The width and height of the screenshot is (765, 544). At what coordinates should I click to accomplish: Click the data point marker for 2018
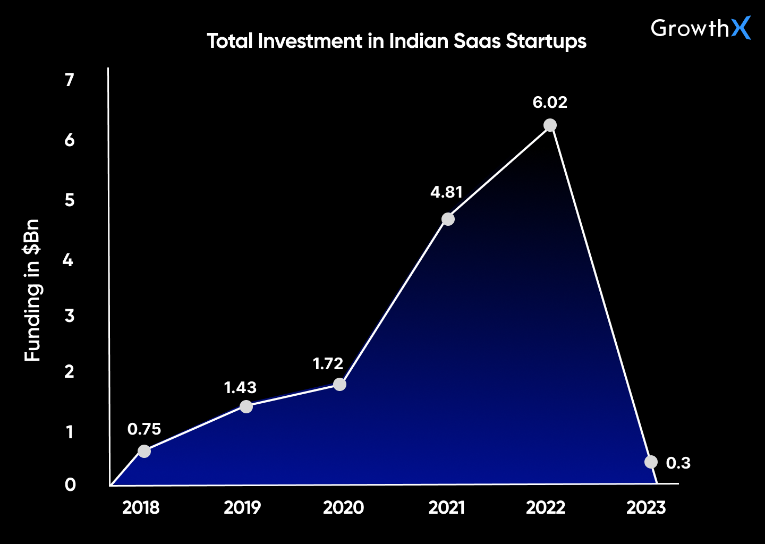pyautogui.click(x=144, y=451)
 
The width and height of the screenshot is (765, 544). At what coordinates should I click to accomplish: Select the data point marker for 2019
pyautogui.click(x=246, y=407)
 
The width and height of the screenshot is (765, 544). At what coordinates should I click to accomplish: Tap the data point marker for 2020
pyautogui.click(x=339, y=384)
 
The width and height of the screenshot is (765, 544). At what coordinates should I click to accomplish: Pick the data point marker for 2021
pyautogui.click(x=448, y=219)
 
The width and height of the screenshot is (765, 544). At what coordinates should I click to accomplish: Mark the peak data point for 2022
pyautogui.click(x=550, y=125)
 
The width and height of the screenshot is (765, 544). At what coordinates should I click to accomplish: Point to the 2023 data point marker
pyautogui.click(x=651, y=462)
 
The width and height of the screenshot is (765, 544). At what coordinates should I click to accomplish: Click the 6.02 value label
pyautogui.click(x=550, y=102)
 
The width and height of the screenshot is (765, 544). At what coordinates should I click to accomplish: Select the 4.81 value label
pyautogui.click(x=446, y=192)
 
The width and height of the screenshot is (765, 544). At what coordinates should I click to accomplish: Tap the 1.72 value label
pyautogui.click(x=328, y=364)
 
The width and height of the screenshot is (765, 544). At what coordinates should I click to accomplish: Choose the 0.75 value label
pyautogui.click(x=144, y=429)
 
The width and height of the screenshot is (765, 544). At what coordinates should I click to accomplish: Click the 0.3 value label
pyautogui.click(x=678, y=463)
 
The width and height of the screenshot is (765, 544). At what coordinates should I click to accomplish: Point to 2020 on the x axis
pyautogui.click(x=343, y=508)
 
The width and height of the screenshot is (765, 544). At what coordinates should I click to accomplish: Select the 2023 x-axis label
pyautogui.click(x=646, y=508)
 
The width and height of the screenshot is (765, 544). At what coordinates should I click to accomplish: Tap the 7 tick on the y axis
pyautogui.click(x=69, y=80)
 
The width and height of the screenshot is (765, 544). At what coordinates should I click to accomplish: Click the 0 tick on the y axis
pyautogui.click(x=70, y=484)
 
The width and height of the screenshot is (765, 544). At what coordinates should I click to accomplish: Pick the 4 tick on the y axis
pyautogui.click(x=68, y=260)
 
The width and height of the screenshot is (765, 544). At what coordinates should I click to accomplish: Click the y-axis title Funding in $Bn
pyautogui.click(x=32, y=290)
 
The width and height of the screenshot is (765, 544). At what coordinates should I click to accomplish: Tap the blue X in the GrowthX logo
pyautogui.click(x=741, y=28)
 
